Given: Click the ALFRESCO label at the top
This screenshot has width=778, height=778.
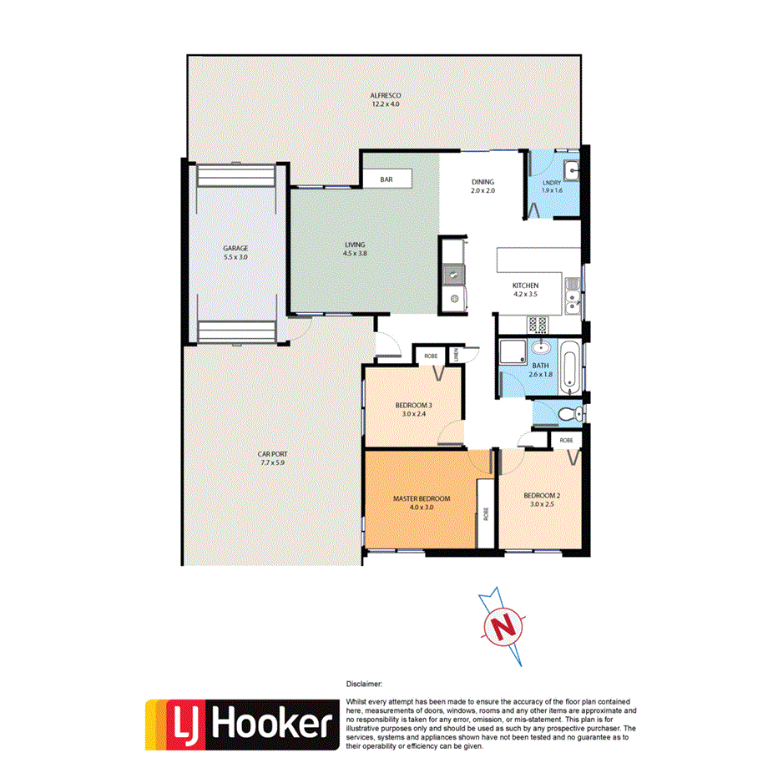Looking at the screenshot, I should [x=386, y=95].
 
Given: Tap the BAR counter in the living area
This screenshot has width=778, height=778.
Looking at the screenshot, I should [x=386, y=179].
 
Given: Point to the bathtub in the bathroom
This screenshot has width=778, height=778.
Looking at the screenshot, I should [x=570, y=369].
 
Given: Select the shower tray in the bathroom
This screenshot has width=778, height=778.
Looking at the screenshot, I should [x=512, y=350].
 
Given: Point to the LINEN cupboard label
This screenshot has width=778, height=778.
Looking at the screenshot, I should [x=457, y=356].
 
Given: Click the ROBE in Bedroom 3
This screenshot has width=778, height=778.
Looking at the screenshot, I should [x=429, y=356].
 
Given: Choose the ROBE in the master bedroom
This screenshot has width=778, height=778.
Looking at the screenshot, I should [x=485, y=514].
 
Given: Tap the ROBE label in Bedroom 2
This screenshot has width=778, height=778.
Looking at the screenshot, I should [x=566, y=439].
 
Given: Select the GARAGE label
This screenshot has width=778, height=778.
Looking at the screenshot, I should [x=235, y=248].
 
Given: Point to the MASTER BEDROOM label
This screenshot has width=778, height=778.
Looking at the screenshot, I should [x=422, y=498].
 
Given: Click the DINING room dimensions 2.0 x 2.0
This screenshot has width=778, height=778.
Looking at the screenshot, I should [x=482, y=191].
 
